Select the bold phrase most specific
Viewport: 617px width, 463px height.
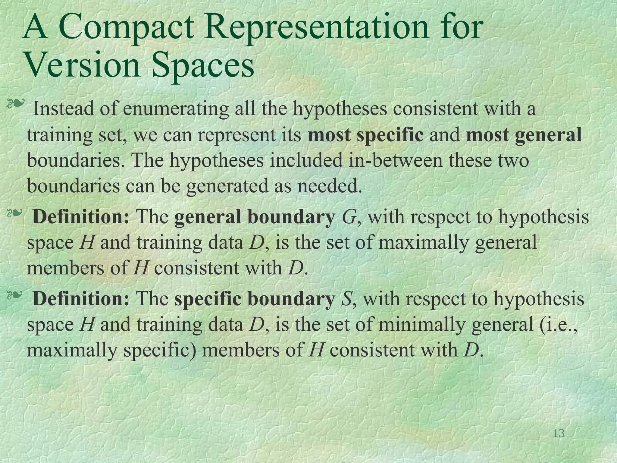pos(365,134)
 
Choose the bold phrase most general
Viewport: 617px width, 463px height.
pos(524,134)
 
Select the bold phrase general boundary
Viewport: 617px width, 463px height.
pos(255,216)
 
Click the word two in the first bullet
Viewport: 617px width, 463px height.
pos(514,160)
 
